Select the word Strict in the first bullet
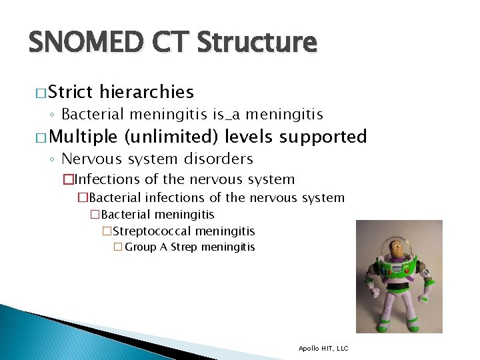pyautogui.click(x=70, y=92)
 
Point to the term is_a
pyautogui.click(x=230, y=115)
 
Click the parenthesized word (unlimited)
pyautogui.click(x=171, y=137)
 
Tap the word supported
pyautogui.click(x=323, y=137)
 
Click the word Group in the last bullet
pyautogui.click(x=140, y=247)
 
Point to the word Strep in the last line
pyautogui.click(x=185, y=247)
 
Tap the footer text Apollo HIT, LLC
pyautogui.click(x=323, y=348)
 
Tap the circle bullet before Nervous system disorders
pyautogui.click(x=52, y=159)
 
